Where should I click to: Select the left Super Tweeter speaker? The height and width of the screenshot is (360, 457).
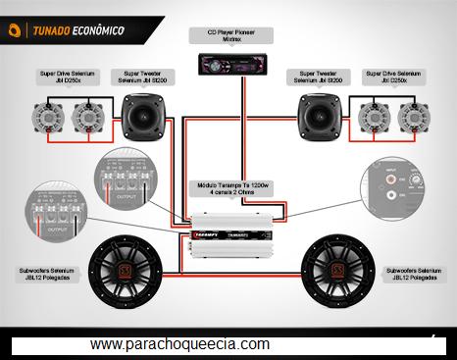[146, 117]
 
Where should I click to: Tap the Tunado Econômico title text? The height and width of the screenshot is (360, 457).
[78, 30]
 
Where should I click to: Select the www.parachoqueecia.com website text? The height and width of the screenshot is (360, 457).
[179, 344]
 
